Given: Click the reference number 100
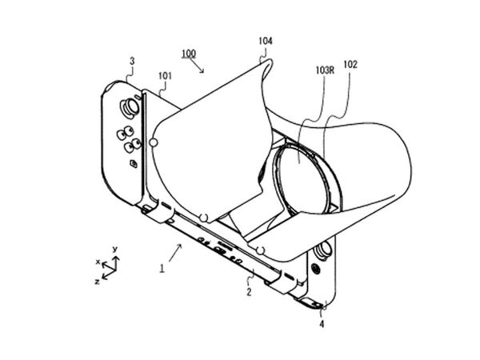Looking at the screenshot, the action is click(x=189, y=54).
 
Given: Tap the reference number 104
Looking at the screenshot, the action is click(x=266, y=41).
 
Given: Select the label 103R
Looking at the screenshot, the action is click(x=325, y=70).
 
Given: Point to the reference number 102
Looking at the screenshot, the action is click(x=350, y=65).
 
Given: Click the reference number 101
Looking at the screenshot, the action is click(x=165, y=76).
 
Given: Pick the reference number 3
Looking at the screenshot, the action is click(x=132, y=62).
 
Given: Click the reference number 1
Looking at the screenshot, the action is click(x=162, y=269).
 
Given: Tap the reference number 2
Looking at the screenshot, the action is click(x=249, y=292).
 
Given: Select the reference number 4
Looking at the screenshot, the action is click(x=322, y=323).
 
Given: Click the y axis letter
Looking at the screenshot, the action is click(x=115, y=249).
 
